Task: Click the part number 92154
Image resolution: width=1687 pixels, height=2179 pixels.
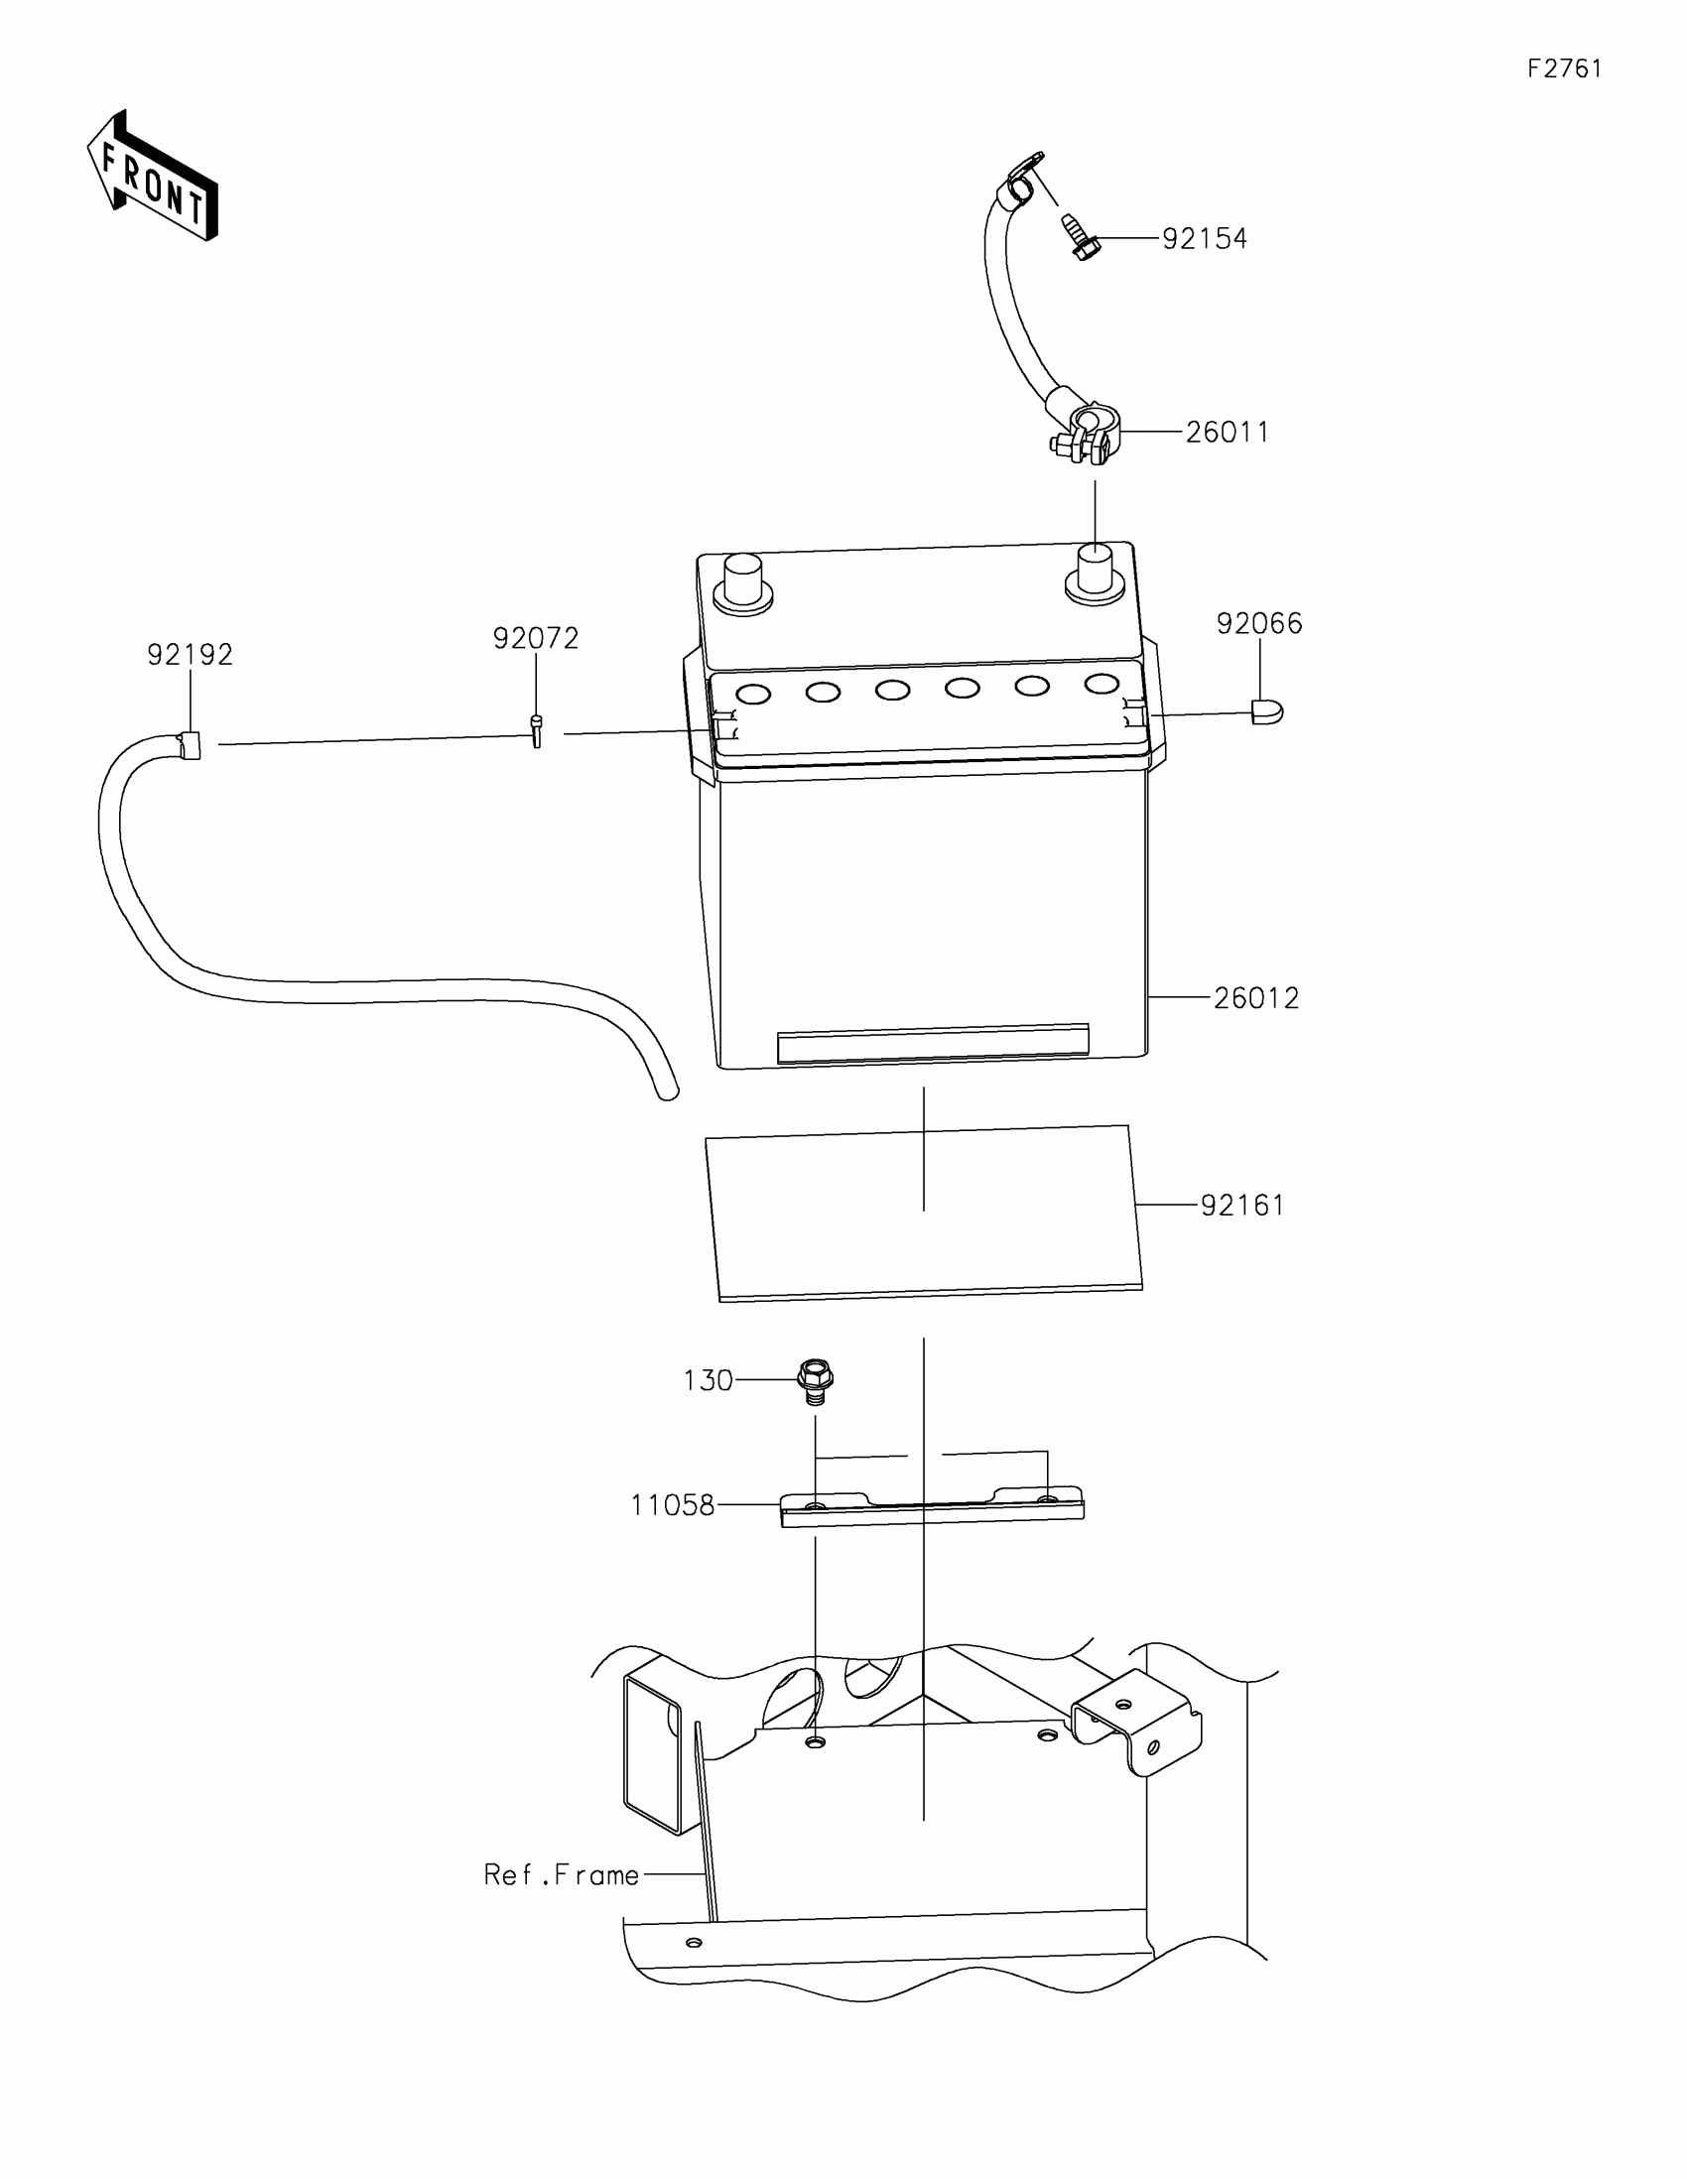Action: point(1204,239)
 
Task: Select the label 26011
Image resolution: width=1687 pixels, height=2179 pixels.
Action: point(1228,433)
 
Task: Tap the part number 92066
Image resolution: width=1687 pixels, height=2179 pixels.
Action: point(1259,623)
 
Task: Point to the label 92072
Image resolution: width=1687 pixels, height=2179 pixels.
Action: point(536,639)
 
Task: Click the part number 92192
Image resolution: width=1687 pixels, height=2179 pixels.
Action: point(190,655)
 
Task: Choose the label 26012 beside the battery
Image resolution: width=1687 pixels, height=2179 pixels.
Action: point(1256,998)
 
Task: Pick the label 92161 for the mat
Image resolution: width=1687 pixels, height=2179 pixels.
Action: point(1242,1207)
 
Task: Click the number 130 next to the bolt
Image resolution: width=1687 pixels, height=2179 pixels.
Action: point(708,1381)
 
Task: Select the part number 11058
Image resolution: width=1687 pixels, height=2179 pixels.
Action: point(673,1505)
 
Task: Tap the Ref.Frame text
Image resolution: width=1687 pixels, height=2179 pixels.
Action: point(561,1875)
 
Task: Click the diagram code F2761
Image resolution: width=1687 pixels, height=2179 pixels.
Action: point(1564,68)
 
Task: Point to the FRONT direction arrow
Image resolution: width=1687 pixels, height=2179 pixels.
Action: point(154,178)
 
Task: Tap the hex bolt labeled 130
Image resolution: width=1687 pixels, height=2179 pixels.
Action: point(815,1380)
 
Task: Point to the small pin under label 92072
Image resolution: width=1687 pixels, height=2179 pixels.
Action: point(537,731)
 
